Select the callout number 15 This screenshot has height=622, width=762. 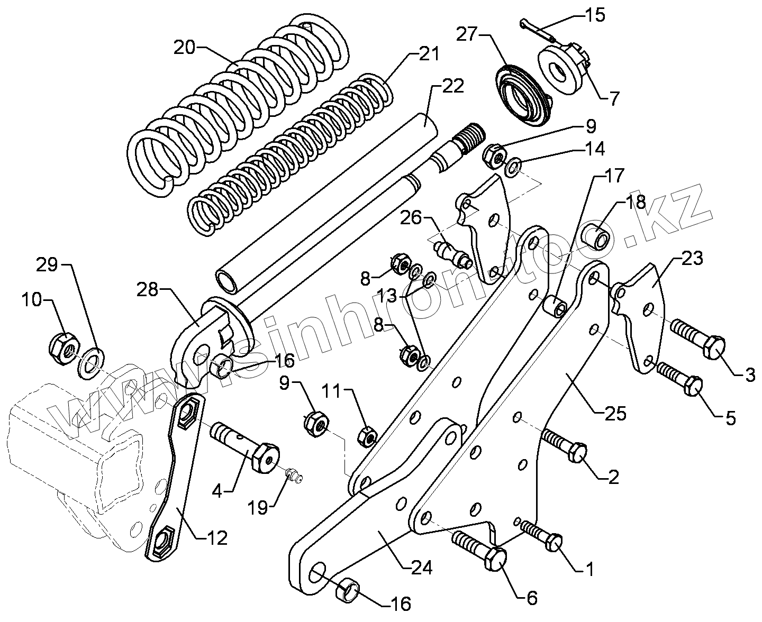(595, 15)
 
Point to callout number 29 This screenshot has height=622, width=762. (47, 265)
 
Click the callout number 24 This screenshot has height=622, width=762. (421, 568)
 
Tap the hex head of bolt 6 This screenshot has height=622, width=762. (496, 559)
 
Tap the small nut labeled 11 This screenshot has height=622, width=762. (367, 436)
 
